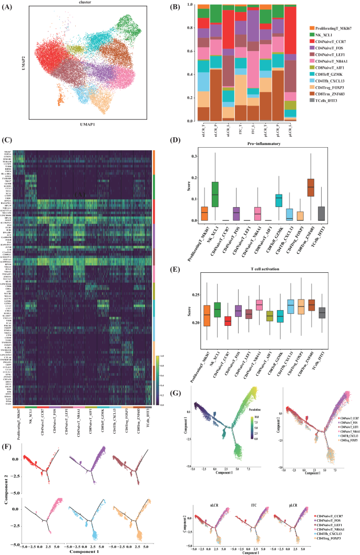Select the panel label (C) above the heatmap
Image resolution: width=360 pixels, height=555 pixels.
click(x=7, y=140)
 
